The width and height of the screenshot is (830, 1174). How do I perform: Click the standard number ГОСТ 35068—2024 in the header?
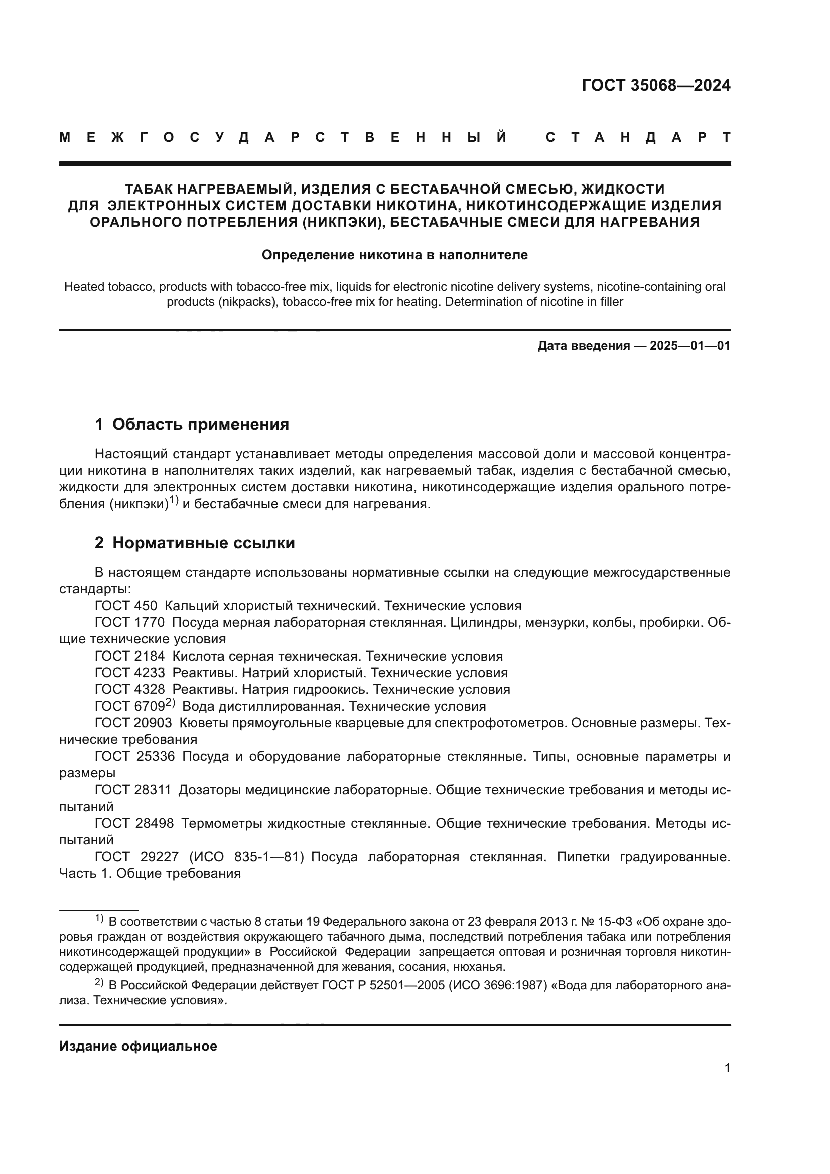pos(656,85)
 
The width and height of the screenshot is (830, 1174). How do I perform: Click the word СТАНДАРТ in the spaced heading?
pos(638,137)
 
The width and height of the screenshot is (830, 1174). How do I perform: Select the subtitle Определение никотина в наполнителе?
pos(394,254)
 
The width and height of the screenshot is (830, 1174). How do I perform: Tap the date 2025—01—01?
pos(690,346)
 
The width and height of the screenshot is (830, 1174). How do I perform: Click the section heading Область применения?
pos(200,424)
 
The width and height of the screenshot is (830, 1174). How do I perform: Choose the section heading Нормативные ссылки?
pos(203,543)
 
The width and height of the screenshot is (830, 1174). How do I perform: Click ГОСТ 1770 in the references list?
pos(130,623)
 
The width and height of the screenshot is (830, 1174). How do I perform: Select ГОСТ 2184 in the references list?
pos(130,656)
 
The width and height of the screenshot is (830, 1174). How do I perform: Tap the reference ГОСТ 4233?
pos(130,673)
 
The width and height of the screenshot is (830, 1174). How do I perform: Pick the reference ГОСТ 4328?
pos(130,689)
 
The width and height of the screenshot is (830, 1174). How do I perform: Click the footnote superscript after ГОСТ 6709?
pos(171,703)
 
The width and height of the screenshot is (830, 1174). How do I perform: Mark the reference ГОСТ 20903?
pos(133,722)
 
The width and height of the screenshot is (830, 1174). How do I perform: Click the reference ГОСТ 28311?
pos(133,790)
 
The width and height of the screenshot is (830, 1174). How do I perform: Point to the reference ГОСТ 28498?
pos(134,823)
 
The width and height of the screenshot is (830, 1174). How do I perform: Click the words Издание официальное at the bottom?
pos(138,1046)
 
